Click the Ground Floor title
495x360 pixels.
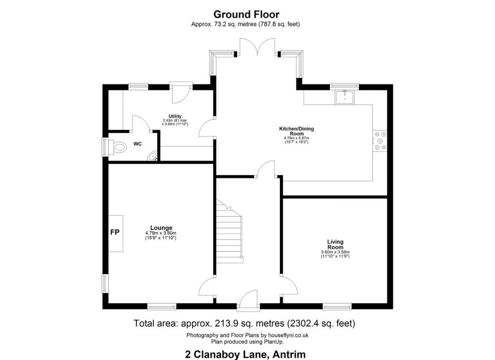click(x=246, y=14)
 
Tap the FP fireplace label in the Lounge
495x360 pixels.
click(x=115, y=232)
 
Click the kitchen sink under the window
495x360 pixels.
click(x=344, y=97)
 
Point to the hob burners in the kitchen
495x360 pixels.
click(x=380, y=141)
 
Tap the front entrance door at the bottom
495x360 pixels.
click(x=249, y=299)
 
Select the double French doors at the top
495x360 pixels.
click(x=257, y=47)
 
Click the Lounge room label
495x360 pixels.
click(x=161, y=228)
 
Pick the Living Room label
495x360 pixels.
click(x=335, y=244)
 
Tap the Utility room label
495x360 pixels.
click(x=175, y=116)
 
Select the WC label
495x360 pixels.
click(x=137, y=144)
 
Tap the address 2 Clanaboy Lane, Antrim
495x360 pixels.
click(x=245, y=354)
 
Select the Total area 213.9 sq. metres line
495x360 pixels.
click(x=245, y=324)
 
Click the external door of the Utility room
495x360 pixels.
click(x=180, y=92)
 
